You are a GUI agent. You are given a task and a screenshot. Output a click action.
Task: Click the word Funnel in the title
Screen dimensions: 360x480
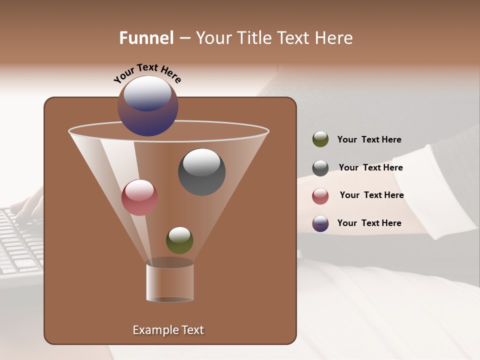point(146,38)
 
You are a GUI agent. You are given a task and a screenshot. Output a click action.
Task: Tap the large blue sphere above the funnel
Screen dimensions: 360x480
point(148,106)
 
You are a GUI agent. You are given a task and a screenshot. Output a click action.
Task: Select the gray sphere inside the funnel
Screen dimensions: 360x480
point(201,172)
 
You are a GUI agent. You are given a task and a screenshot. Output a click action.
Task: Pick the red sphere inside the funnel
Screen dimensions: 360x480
point(139,197)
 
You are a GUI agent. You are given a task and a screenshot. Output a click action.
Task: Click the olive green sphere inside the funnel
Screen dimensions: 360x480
point(179,240)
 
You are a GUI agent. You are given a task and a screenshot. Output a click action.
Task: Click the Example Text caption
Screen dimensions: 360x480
point(168,330)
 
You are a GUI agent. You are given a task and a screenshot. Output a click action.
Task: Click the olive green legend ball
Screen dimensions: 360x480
point(320,139)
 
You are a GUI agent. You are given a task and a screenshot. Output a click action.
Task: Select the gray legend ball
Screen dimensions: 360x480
point(320,168)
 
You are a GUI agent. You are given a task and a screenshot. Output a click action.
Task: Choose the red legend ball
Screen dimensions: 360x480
point(320,196)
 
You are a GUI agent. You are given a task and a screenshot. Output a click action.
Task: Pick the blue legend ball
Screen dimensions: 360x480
point(320,223)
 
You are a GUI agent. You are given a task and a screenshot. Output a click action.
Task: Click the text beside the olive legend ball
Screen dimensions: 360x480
point(369,139)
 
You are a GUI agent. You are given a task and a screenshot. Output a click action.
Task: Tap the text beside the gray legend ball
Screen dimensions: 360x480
point(370,167)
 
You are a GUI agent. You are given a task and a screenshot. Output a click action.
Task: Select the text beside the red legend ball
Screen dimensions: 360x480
point(371,195)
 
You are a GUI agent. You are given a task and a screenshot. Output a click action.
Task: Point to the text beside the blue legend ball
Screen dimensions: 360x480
point(369,223)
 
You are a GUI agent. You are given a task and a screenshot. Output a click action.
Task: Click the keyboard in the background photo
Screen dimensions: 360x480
point(20,245)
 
